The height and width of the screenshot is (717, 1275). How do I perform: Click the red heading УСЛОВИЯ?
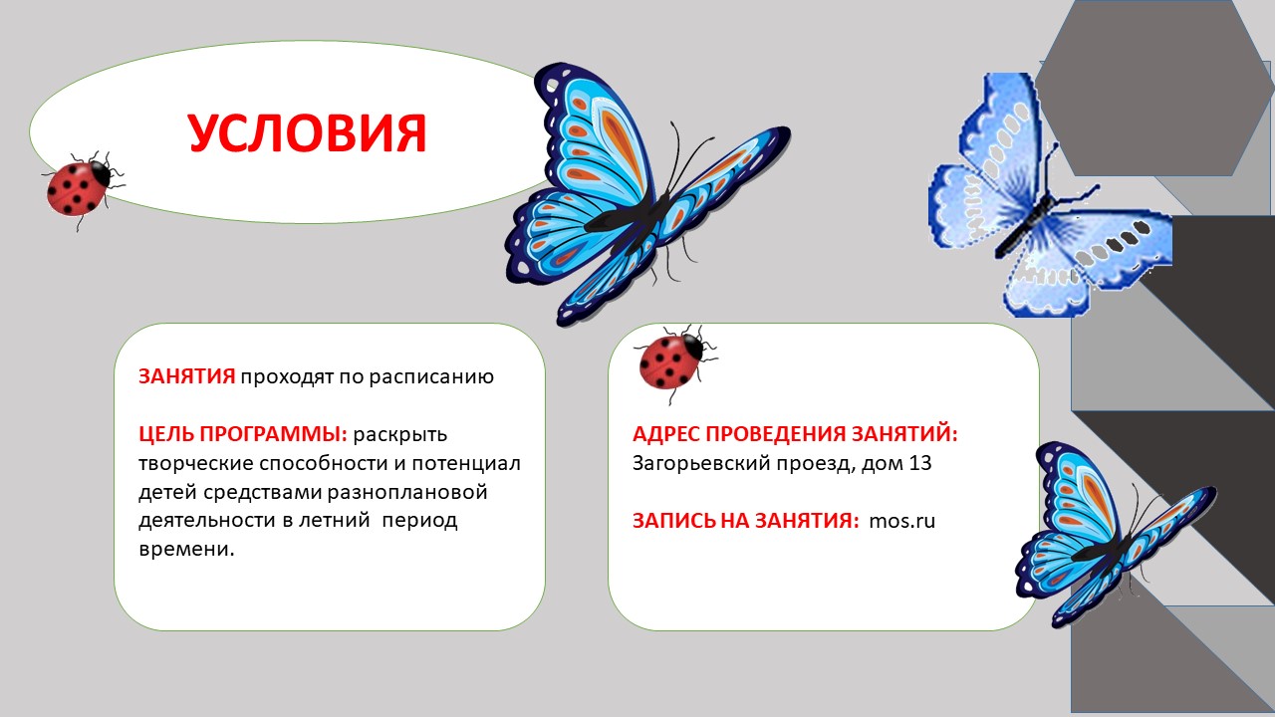coord(307,132)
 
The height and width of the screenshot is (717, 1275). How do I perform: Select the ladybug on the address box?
coord(675,362)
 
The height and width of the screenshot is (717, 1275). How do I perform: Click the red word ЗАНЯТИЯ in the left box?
coord(186,376)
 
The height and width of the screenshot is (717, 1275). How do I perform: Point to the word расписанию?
coord(431,377)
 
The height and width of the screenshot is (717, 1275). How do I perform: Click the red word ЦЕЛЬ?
coord(166,435)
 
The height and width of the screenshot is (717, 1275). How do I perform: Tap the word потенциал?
coord(466,463)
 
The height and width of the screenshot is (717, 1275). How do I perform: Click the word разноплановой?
coord(407,492)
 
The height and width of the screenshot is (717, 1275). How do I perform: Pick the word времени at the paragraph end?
coord(185,549)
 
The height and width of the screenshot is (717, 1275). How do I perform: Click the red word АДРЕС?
coord(666,434)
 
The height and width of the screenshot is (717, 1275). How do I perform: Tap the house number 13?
coord(919,463)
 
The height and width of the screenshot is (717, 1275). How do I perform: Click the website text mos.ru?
coord(901,521)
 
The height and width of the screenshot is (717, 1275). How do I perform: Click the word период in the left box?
coord(419,521)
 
